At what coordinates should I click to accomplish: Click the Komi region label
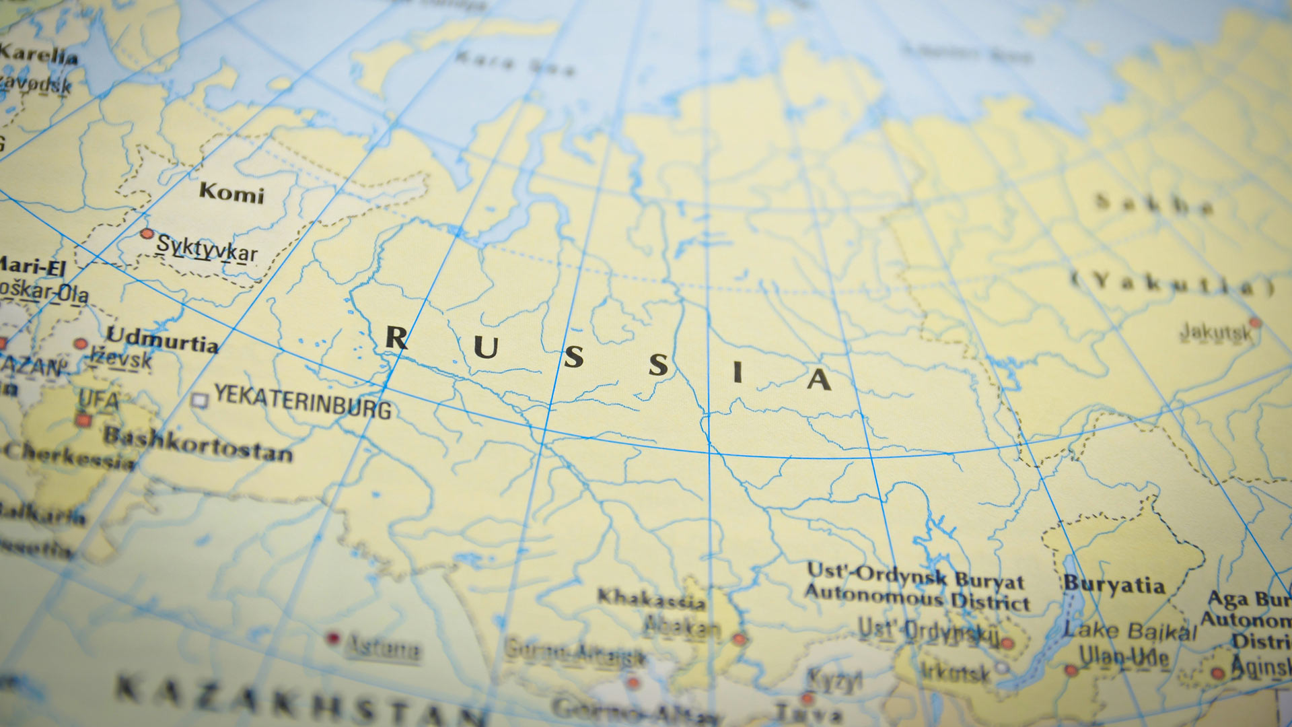pyautogui.click(x=231, y=193)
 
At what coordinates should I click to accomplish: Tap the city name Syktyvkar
pyautogui.click(x=207, y=248)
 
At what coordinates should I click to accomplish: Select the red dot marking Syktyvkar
pyautogui.click(x=147, y=234)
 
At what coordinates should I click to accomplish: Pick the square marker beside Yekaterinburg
pyautogui.click(x=199, y=401)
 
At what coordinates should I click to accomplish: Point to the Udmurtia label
pyautogui.click(x=162, y=339)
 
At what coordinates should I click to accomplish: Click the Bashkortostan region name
pyautogui.click(x=198, y=445)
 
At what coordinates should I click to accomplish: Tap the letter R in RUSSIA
pyautogui.click(x=396, y=338)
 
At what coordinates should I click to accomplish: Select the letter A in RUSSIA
pyautogui.click(x=819, y=380)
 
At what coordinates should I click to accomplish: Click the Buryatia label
pyautogui.click(x=1114, y=584)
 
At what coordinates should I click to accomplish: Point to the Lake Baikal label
pyautogui.click(x=1130, y=631)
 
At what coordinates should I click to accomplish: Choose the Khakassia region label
pyautogui.click(x=651, y=598)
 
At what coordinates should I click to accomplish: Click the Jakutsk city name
pyautogui.click(x=1215, y=332)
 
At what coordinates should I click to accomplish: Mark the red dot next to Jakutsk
pyautogui.click(x=1254, y=323)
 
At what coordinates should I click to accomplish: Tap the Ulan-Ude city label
pyautogui.click(x=1123, y=656)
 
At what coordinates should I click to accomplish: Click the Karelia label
pyautogui.click(x=39, y=54)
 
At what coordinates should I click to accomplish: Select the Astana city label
pyautogui.click(x=382, y=648)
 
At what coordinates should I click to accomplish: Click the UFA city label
pyautogui.click(x=98, y=400)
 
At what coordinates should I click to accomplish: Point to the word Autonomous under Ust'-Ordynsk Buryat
pyautogui.click(x=874, y=594)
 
